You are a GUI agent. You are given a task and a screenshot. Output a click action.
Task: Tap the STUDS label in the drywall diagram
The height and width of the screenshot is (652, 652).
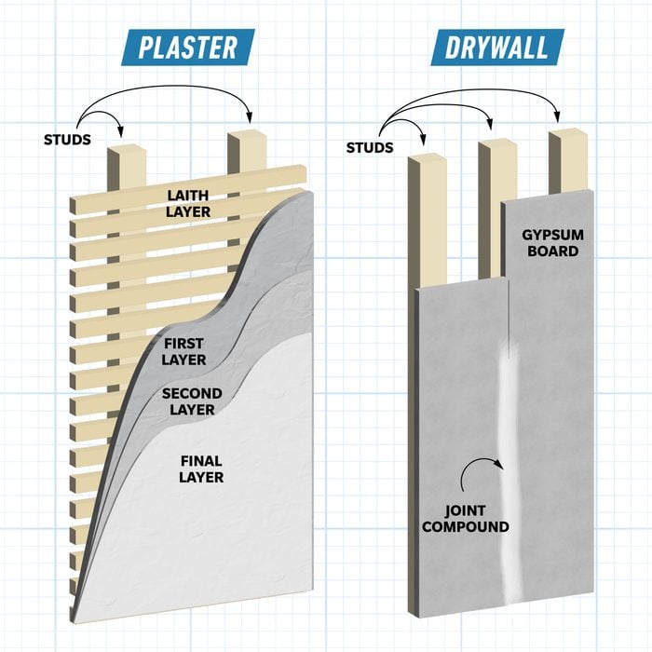click(370, 147)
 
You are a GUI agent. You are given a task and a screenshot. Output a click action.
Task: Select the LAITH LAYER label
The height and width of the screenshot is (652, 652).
click(188, 204)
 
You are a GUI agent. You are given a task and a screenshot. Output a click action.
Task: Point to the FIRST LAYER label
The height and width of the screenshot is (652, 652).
click(183, 352)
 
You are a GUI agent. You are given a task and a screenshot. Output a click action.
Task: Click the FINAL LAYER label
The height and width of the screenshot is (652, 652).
click(201, 469)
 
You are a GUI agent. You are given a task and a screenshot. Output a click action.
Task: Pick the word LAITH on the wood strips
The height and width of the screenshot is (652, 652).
click(188, 196)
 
